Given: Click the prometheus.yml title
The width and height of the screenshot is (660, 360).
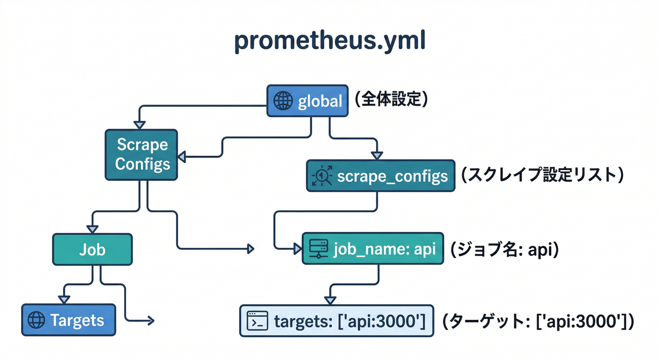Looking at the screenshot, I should coord(330,42).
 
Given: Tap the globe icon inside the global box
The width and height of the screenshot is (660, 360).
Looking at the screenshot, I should coord(283,101).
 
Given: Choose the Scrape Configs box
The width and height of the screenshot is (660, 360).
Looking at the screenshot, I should coord(142,154).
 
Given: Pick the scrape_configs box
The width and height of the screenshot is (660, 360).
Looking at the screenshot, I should coord(380,176).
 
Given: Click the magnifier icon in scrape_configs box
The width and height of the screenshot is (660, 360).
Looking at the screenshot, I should coord(322,176).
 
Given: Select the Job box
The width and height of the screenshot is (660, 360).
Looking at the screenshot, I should coord(92,249).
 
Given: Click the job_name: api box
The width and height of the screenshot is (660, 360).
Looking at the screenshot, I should coord(373,248).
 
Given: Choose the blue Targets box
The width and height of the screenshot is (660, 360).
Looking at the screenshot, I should coord(68,320).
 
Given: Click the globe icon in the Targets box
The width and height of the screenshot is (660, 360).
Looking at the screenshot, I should coord(36,320).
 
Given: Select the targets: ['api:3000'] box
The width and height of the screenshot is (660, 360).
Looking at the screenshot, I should coord(337,321).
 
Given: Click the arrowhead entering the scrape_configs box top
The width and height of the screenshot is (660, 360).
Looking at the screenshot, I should coord(377,156).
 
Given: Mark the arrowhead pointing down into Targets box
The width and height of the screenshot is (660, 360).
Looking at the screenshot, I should coord(63,300).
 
